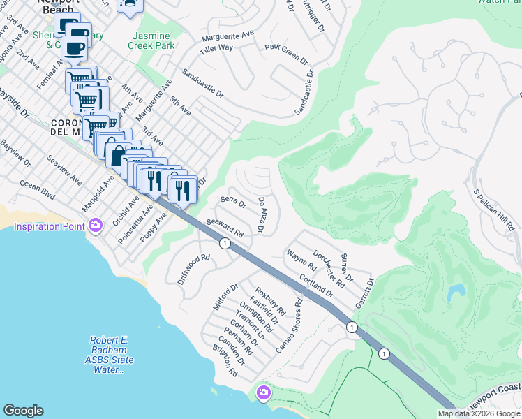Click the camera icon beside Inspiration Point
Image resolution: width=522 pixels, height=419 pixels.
96,226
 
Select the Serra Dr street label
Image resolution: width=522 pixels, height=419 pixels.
233,202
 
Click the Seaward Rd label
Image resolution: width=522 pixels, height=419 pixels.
224,228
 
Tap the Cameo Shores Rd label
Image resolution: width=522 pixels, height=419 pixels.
289,325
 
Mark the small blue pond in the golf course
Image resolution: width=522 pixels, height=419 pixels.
456,291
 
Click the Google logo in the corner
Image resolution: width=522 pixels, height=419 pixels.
23,411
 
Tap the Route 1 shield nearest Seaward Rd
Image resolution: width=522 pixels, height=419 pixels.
225,243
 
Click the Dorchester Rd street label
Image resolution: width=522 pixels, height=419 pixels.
329,269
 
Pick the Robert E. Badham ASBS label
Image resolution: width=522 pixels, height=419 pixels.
108,355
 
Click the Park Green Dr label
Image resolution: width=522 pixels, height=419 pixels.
286,54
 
